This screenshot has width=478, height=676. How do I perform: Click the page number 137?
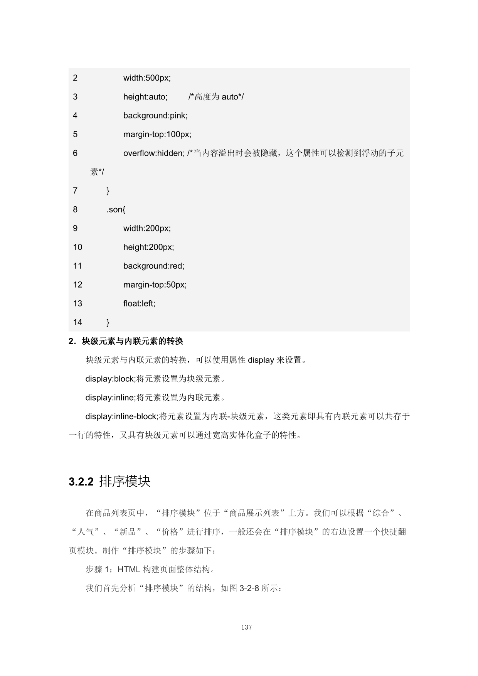246,627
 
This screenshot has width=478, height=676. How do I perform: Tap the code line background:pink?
155,115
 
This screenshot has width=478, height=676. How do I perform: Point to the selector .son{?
116,209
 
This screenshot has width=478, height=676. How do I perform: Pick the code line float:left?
139,303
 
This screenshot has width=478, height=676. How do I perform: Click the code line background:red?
154,266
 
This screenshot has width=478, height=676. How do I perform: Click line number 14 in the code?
77,322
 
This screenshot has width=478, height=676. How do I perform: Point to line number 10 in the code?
77,247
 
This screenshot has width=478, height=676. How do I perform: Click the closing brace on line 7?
108,191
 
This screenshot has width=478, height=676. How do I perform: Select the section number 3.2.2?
81,482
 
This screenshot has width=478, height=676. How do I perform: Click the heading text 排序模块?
125,482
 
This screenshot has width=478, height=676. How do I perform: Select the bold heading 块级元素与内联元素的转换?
132,341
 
